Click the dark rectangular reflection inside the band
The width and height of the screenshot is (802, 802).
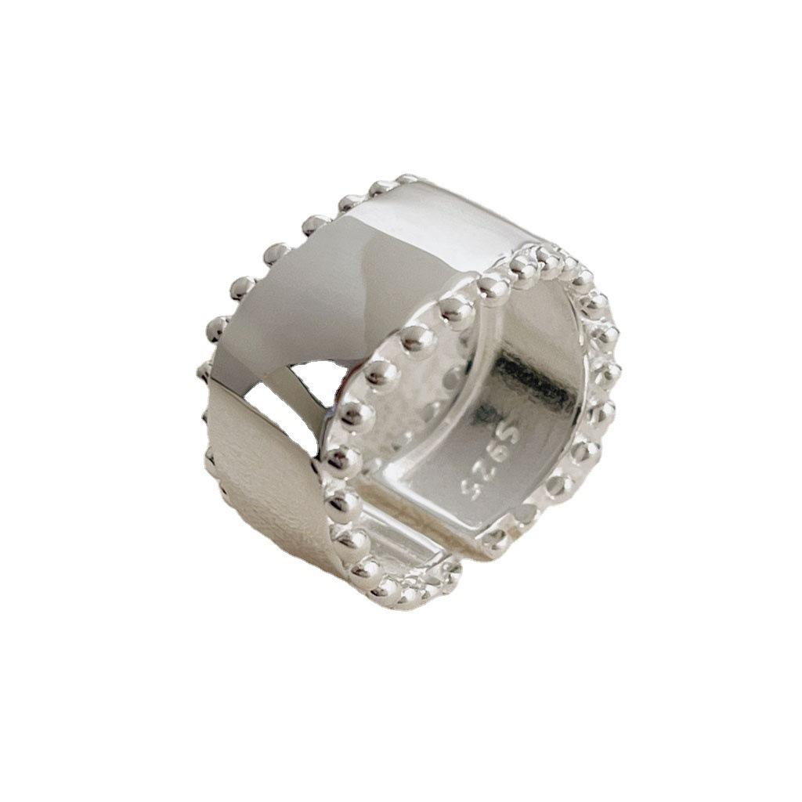[532, 378]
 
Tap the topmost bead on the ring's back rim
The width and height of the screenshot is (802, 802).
[407, 179]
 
